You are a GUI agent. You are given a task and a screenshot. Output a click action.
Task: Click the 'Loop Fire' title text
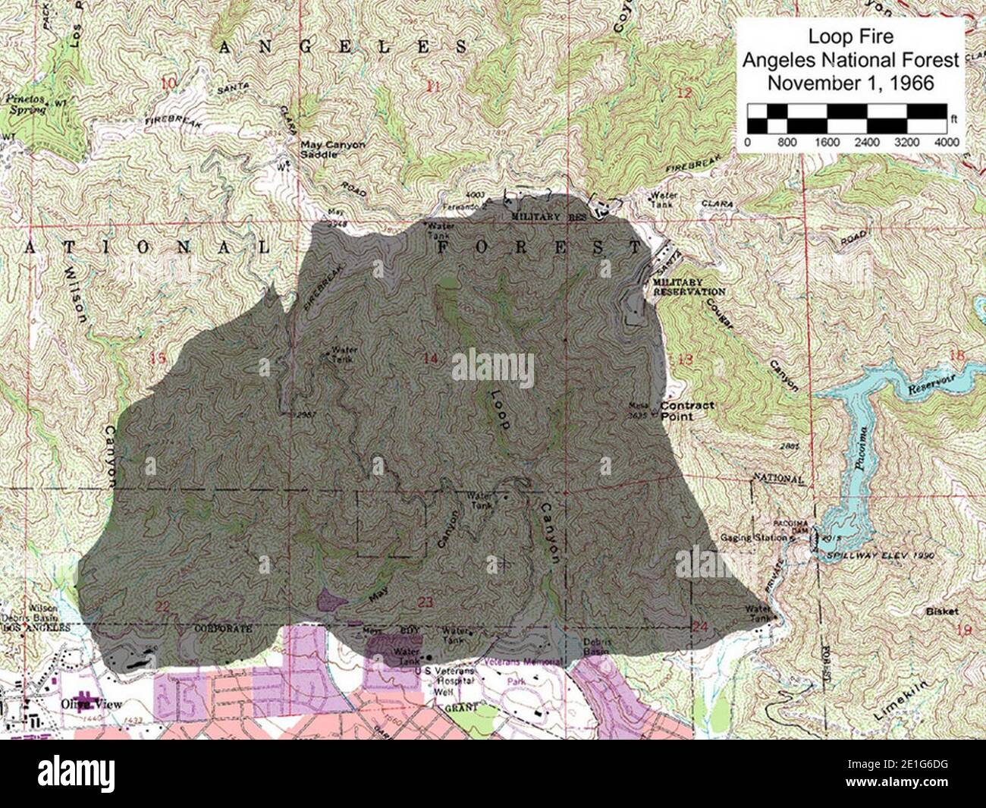click(849, 36)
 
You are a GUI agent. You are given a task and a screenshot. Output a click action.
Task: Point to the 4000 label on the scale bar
click(946, 143)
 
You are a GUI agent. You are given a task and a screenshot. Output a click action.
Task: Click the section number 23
click(425, 602)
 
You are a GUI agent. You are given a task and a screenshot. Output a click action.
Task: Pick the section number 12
click(684, 93)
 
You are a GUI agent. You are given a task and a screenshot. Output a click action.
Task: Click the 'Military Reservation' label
click(688, 287)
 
